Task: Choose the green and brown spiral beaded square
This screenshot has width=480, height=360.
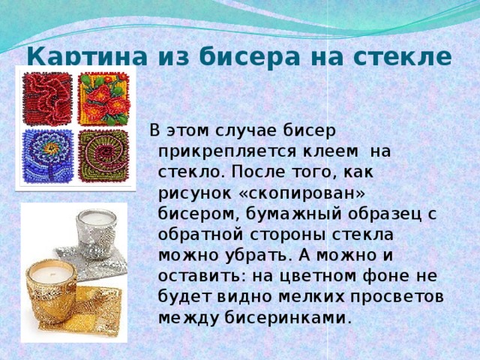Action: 104,156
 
